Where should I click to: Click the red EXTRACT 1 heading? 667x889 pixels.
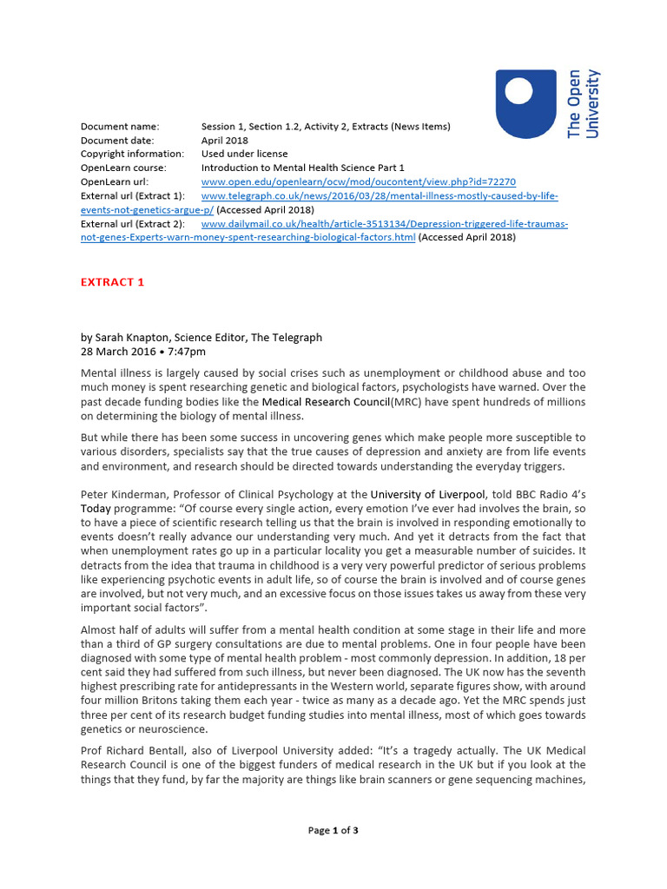pyautogui.click(x=113, y=282)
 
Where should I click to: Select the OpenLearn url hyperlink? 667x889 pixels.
pyautogui.click(x=358, y=182)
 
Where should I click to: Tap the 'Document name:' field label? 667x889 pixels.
pyautogui.click(x=120, y=127)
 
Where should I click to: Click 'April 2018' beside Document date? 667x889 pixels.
pyautogui.click(x=224, y=141)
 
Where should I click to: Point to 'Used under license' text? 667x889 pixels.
pyautogui.click(x=241, y=155)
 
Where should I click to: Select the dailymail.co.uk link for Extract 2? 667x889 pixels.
pyautogui.click(x=385, y=224)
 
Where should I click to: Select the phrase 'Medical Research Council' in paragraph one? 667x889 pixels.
pyautogui.click(x=326, y=402)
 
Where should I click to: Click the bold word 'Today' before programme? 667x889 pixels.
pyautogui.click(x=96, y=509)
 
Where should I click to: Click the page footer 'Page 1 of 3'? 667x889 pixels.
pyautogui.click(x=333, y=831)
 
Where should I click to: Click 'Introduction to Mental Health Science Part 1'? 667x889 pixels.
pyautogui.click(x=303, y=168)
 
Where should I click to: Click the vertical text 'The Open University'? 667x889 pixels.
pyautogui.click(x=583, y=103)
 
